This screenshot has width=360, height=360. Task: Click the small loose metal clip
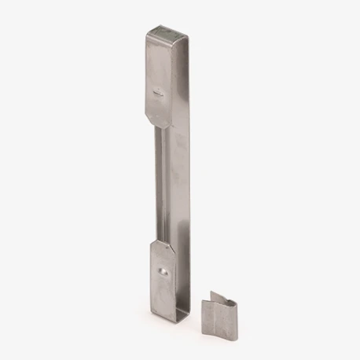point(220,314)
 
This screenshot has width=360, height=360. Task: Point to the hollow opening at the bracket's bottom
point(182,316)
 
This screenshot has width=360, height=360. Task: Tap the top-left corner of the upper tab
point(147,33)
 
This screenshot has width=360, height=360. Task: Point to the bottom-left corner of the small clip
point(211,333)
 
